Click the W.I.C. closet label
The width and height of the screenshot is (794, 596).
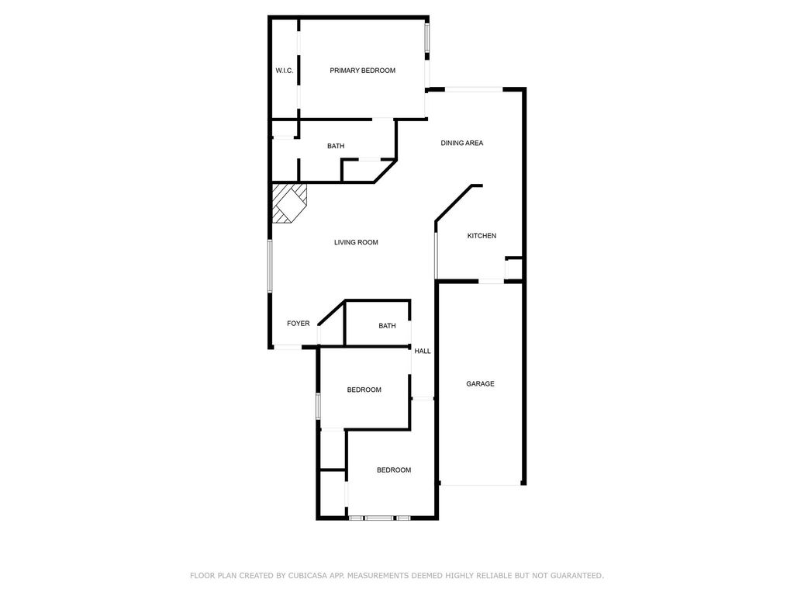coord(284,71)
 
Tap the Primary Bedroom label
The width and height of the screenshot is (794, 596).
coord(363,71)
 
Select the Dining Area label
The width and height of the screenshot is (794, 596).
coord(462,143)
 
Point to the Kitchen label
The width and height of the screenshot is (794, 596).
coord(482,236)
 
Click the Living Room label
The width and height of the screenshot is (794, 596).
coord(356,242)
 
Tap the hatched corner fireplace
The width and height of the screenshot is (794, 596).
coord(289,203)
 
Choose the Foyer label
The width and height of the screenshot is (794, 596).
coord(299,324)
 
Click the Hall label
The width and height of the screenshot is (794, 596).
coord(423,351)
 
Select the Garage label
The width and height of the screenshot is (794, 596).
coord(480,383)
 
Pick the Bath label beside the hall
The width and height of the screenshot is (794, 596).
coord(388,326)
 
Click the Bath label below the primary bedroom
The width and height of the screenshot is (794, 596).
coord(336,146)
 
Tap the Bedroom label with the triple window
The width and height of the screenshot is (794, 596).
coord(394,470)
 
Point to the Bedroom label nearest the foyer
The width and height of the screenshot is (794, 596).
coord(364,390)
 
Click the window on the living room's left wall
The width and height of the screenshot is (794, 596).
coord(270,266)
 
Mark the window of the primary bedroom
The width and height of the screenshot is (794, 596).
coord(427,37)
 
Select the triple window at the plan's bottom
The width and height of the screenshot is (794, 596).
coord(379,518)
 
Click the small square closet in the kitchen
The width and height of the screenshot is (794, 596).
coord(513,268)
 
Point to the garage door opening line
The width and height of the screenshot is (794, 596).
coord(481,485)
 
